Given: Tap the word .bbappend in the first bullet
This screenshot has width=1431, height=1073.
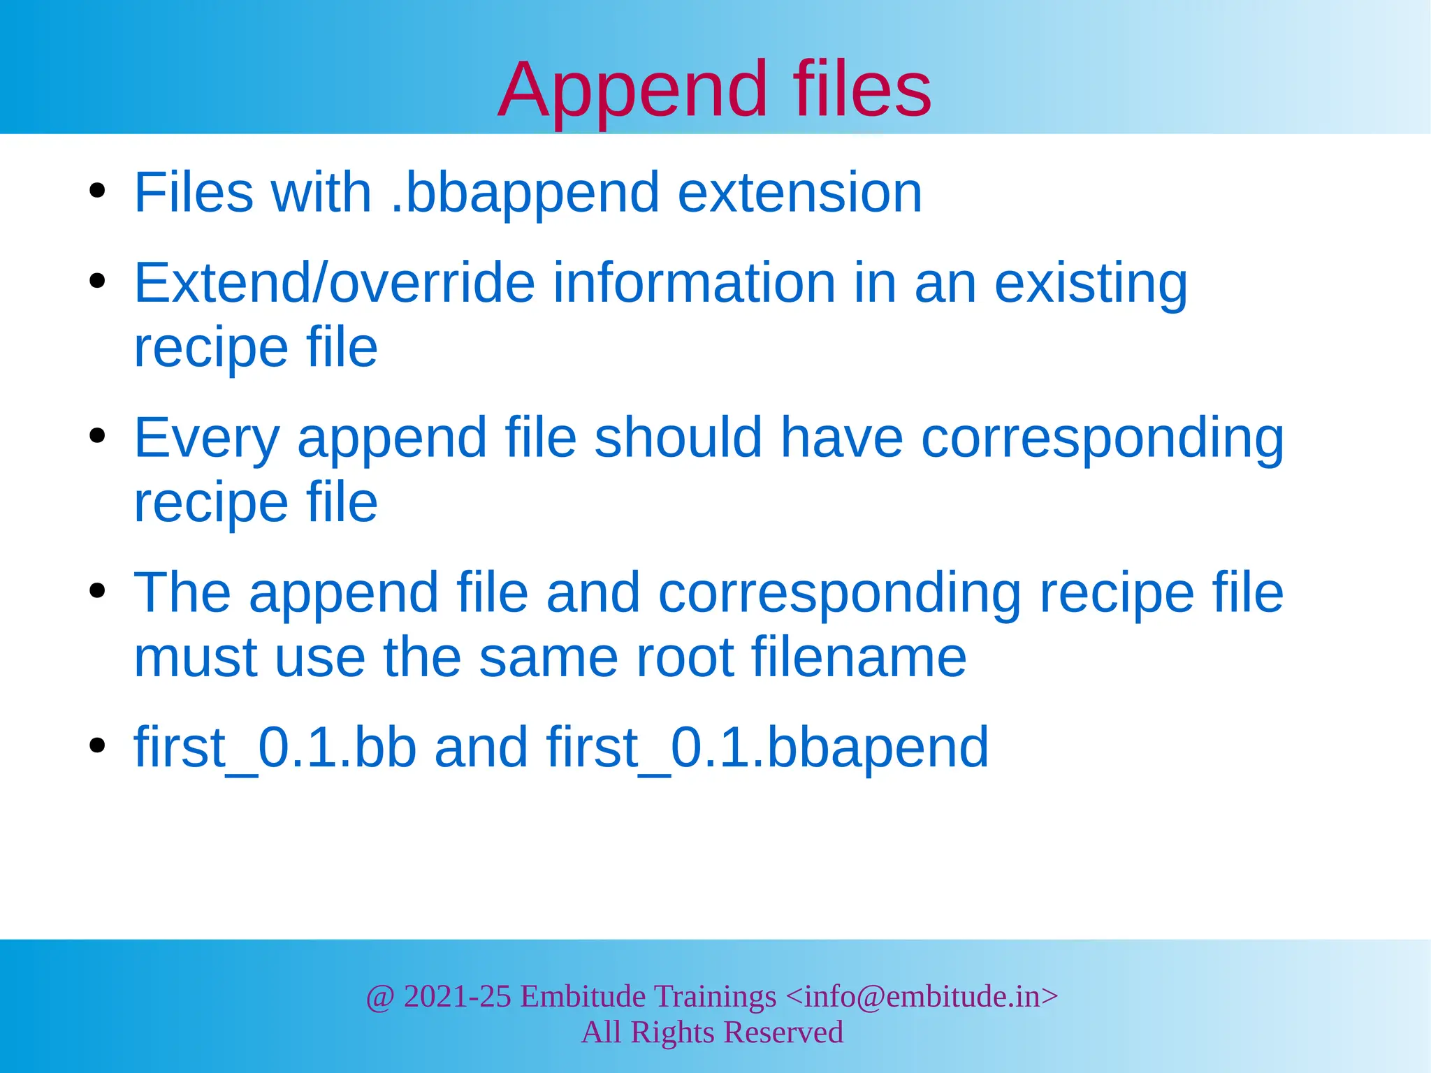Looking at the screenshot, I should pyautogui.click(x=525, y=194).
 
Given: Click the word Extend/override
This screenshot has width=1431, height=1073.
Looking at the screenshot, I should pyautogui.click(x=334, y=283).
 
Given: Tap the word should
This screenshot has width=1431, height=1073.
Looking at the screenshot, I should pyautogui.click(x=678, y=437).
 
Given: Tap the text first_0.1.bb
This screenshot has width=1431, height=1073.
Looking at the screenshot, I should pyautogui.click(x=275, y=747).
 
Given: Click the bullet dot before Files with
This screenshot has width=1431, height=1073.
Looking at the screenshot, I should pyautogui.click(x=97, y=191).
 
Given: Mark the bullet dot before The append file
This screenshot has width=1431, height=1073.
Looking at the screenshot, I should pyautogui.click(x=97, y=591).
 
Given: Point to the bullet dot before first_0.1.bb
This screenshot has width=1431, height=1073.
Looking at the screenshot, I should pyautogui.click(x=97, y=745).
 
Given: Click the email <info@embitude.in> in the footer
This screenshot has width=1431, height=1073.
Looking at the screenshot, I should pyautogui.click(x=922, y=996).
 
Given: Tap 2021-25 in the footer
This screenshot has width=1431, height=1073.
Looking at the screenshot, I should pyautogui.click(x=457, y=996).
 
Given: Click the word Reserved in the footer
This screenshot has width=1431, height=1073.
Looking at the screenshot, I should pyautogui.click(x=783, y=1032).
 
